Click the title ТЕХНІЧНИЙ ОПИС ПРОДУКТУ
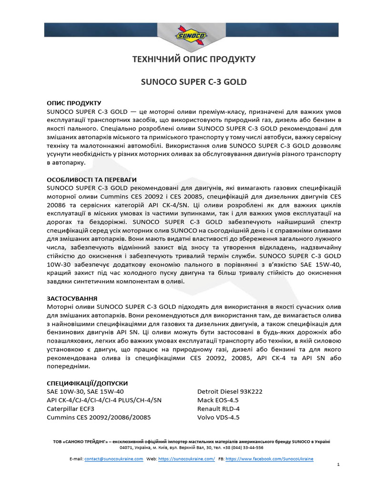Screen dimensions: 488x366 coord(193,60)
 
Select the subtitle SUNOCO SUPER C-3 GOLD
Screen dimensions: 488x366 coord(194,82)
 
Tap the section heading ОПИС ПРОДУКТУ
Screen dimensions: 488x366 coord(74,103)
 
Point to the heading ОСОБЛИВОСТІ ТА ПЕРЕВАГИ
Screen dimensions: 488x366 coord(91,180)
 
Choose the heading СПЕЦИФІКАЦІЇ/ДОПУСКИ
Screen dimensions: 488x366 coord(87,383)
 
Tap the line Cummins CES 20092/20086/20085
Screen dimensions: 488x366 coord(99,417)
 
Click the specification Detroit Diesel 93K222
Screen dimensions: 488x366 coord(230,392)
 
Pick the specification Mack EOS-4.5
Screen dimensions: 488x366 coord(218,400)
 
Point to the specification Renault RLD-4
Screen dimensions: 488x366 coord(218,409)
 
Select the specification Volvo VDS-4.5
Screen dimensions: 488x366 coord(218,417)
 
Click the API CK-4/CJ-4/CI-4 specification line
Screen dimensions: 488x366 coord(104,400)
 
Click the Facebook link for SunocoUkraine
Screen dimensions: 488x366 coord(269,458)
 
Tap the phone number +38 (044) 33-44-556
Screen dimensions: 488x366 coord(244,448)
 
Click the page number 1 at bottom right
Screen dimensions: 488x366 coord(337,465)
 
